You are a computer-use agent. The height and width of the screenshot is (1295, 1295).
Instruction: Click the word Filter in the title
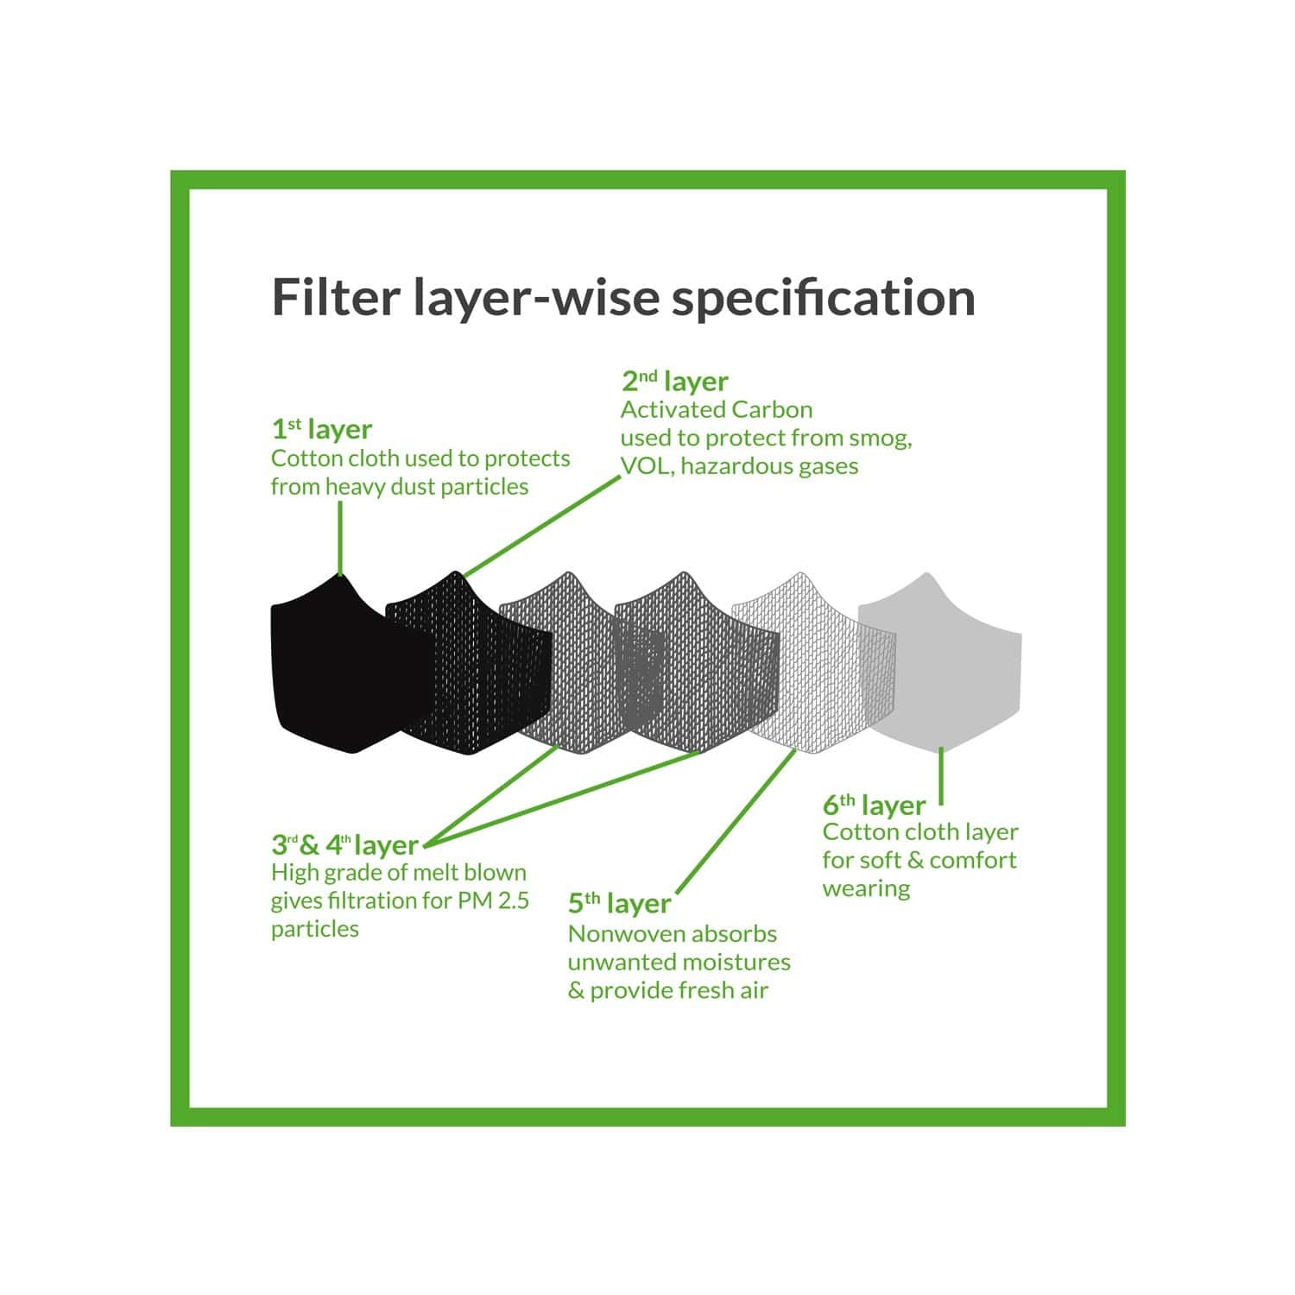tap(336, 296)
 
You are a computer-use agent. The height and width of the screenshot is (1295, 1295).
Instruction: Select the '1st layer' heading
tap(321, 429)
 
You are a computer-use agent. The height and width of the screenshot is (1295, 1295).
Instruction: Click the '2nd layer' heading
tap(674, 381)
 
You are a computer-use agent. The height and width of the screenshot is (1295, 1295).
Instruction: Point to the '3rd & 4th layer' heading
tap(344, 844)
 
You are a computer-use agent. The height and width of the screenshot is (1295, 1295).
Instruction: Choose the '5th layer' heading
tap(619, 904)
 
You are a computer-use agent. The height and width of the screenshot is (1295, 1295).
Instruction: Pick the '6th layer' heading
tap(874, 805)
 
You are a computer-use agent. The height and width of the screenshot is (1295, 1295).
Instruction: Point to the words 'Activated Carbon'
tap(717, 409)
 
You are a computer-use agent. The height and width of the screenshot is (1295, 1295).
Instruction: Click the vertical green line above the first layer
tap(341, 537)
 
